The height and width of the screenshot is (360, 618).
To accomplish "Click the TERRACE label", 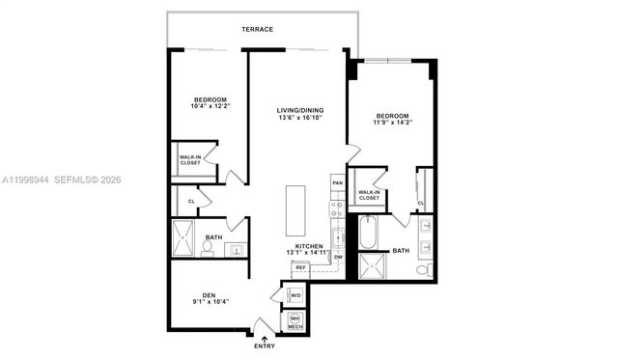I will (x=259, y=30).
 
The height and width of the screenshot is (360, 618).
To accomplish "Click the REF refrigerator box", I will (x=300, y=267).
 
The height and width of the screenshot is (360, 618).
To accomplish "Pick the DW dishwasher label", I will (x=338, y=258).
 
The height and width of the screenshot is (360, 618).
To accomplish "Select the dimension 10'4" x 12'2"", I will (x=209, y=108).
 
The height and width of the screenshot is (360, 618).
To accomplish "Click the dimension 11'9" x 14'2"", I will (x=394, y=123).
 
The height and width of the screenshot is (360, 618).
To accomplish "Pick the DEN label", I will (x=209, y=296).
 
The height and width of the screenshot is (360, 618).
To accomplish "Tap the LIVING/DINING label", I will (x=300, y=110).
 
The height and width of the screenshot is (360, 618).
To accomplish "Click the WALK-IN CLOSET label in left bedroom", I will (x=190, y=160).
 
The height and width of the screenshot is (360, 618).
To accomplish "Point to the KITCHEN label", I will (x=309, y=246).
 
